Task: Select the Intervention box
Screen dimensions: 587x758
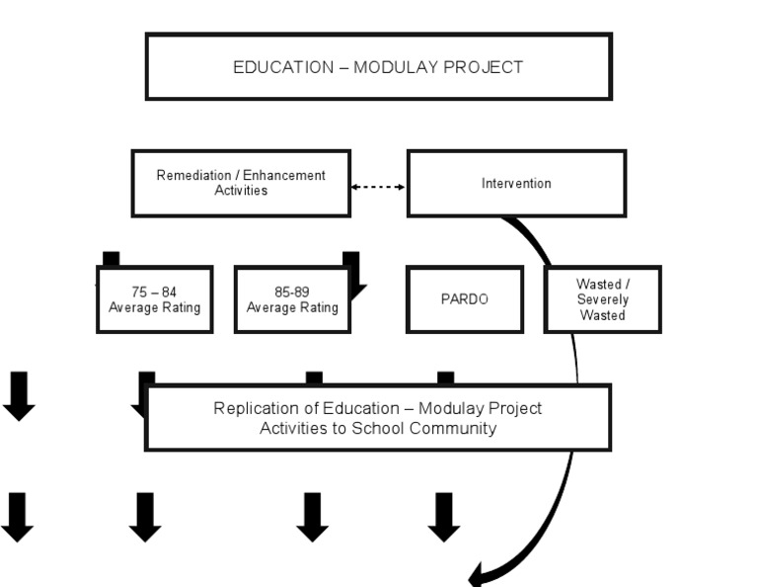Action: [516, 184]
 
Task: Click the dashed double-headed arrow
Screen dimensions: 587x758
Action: [379, 187]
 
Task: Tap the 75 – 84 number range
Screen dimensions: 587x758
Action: [154, 293]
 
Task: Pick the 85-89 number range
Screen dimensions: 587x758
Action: [292, 293]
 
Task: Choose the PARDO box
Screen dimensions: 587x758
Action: [464, 299]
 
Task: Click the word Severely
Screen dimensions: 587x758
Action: [603, 299]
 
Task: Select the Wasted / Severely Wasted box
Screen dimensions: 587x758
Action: [603, 299]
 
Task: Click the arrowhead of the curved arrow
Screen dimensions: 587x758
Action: [479, 575]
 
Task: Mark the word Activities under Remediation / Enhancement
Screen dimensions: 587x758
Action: [241, 190]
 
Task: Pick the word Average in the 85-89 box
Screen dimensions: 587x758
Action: [269, 307]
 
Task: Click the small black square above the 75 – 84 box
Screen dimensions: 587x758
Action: [111, 259]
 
